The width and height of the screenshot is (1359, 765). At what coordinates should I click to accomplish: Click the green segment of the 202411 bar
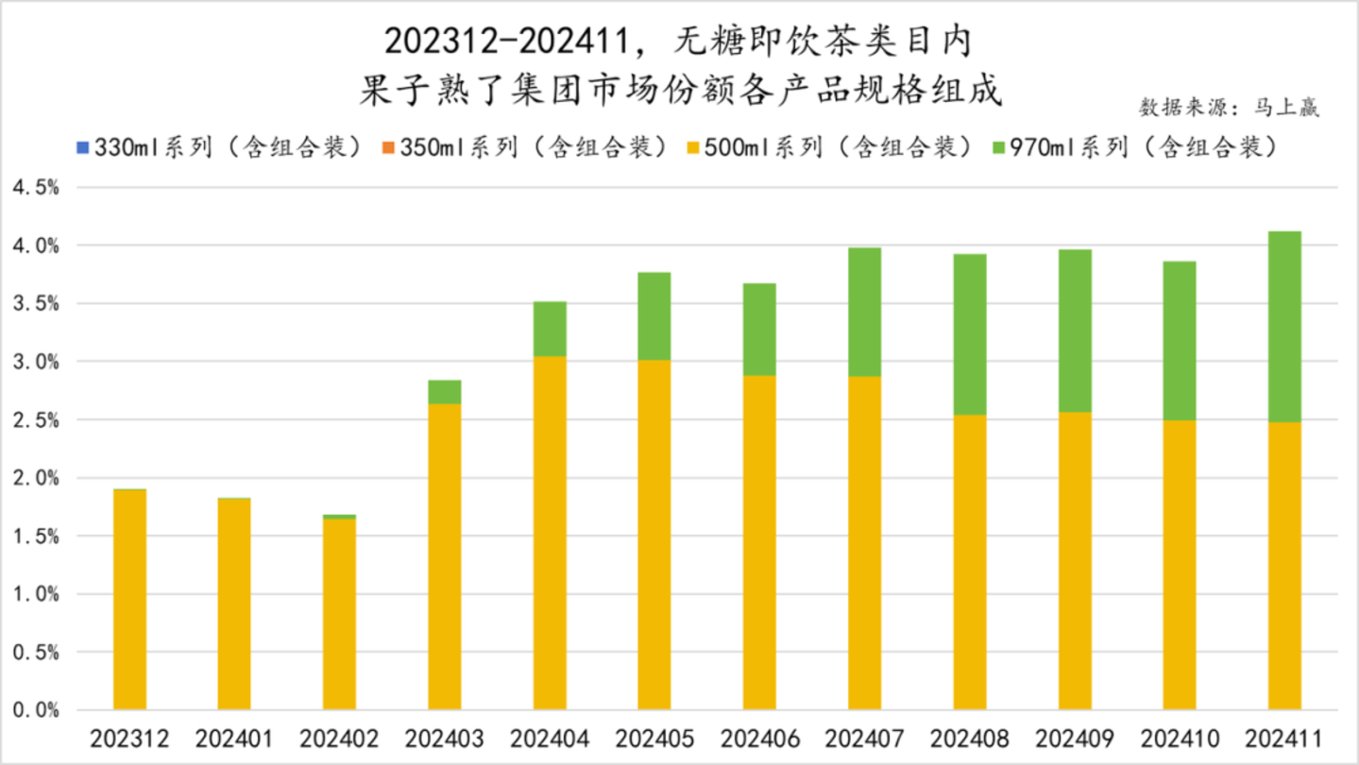click(x=1284, y=326)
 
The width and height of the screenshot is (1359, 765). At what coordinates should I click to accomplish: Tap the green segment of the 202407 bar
click(x=864, y=312)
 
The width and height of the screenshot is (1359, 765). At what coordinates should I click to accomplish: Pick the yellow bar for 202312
click(x=129, y=600)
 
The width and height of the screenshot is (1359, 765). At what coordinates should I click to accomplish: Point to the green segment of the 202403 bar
click(x=445, y=392)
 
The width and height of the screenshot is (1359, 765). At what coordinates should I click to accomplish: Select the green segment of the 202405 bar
click(x=654, y=315)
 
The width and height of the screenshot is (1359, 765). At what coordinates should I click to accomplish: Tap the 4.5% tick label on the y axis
click(x=36, y=187)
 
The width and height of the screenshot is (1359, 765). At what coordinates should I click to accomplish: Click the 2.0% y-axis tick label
click(x=36, y=478)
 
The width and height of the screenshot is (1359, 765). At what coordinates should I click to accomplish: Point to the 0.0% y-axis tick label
click(x=36, y=710)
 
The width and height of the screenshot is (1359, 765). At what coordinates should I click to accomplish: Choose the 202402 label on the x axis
click(x=339, y=738)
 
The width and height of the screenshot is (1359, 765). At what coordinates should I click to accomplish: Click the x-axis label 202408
click(x=969, y=738)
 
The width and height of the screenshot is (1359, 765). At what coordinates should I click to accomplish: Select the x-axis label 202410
click(x=1180, y=738)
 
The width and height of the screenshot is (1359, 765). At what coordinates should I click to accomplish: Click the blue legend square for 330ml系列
click(x=82, y=147)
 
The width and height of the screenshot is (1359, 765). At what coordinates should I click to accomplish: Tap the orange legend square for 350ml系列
click(x=387, y=147)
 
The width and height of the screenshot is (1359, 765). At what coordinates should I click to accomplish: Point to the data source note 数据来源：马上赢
click(x=1228, y=107)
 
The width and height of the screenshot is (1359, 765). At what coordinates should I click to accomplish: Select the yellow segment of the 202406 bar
click(x=759, y=542)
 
